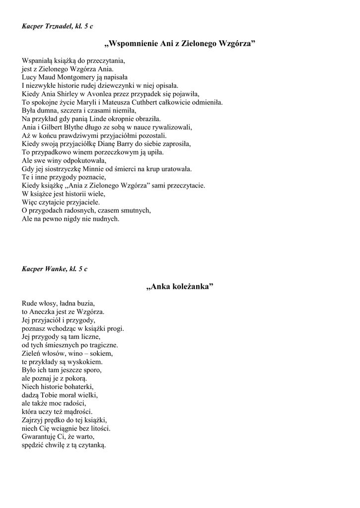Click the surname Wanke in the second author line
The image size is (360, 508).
pyautogui.click(x=57, y=269)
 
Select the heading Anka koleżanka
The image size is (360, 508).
pyautogui.click(x=180, y=287)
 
